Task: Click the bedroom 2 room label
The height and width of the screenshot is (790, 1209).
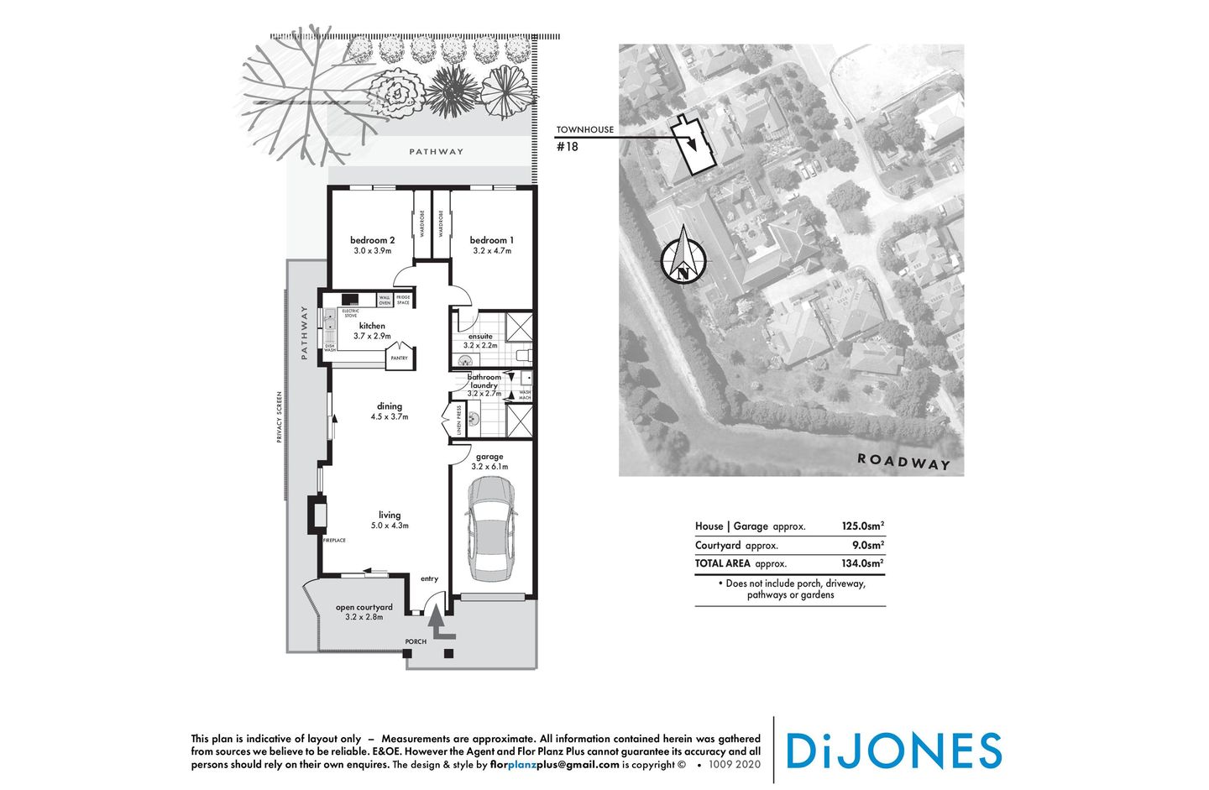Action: pyautogui.click(x=372, y=240)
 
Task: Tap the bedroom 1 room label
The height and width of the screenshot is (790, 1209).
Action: pyautogui.click(x=491, y=240)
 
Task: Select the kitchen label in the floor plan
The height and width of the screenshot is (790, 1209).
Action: pyautogui.click(x=372, y=326)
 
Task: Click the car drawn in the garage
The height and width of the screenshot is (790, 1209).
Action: pyautogui.click(x=491, y=529)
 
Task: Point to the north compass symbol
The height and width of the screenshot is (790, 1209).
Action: pyautogui.click(x=683, y=257)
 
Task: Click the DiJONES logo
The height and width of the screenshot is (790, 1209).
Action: pyautogui.click(x=893, y=751)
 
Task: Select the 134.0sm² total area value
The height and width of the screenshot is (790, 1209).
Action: pyautogui.click(x=862, y=564)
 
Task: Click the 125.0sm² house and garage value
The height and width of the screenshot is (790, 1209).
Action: pyautogui.click(x=862, y=526)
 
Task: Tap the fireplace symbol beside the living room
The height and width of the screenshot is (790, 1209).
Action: pyautogui.click(x=317, y=514)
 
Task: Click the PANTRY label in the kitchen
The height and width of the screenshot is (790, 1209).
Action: pyautogui.click(x=399, y=358)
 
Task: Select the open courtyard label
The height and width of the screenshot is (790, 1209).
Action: pyautogui.click(x=364, y=607)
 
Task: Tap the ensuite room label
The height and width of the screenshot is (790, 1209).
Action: pyautogui.click(x=480, y=336)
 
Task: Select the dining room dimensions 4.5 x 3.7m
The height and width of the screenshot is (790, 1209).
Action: pyautogui.click(x=389, y=416)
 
